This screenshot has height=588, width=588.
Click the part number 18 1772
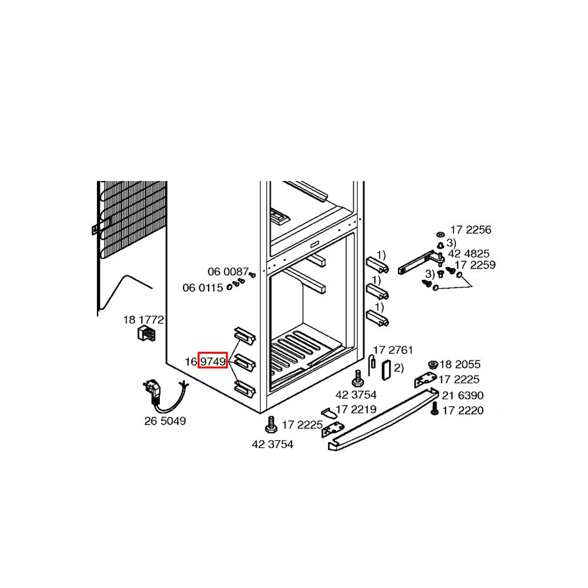[143, 319]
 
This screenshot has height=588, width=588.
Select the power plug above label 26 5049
[153, 391]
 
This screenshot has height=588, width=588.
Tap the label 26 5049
[165, 421]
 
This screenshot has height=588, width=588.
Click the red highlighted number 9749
[213, 361]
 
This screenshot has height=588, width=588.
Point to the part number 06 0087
[228, 271]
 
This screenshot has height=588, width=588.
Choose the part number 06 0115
[202, 288]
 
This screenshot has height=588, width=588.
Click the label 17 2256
[470, 229]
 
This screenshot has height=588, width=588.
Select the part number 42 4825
[469, 253]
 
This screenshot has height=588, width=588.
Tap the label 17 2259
[475, 265]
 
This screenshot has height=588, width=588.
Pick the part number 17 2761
[393, 350]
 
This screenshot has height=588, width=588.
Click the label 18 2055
[460, 364]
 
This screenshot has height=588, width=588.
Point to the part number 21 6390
[463, 395]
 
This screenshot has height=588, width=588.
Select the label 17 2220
[463, 410]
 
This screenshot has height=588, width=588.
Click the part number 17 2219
[356, 409]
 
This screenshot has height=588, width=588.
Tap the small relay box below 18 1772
[146, 333]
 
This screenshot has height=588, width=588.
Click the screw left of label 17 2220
[435, 409]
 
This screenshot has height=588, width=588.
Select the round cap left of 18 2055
[433, 365]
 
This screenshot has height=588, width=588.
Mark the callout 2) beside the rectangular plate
[399, 368]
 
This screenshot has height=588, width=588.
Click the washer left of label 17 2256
[440, 235]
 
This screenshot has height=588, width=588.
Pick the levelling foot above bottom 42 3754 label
[271, 425]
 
